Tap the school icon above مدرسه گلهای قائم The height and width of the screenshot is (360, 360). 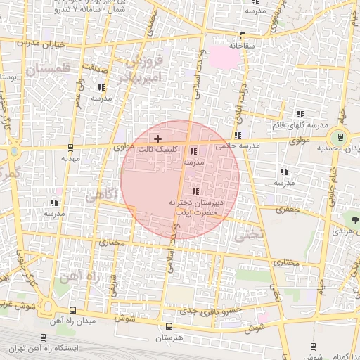coord(300,114)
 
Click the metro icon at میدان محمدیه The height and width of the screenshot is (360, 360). coord(340,138)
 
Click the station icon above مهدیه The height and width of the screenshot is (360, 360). coord(70,148)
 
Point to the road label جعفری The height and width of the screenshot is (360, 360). coord(286,209)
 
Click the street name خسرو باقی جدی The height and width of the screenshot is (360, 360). coord(210,310)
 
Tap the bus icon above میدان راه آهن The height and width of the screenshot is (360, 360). coord(73,310)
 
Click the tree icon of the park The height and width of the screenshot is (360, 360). coord(354,220)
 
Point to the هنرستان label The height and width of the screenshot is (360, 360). coord(167,338)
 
